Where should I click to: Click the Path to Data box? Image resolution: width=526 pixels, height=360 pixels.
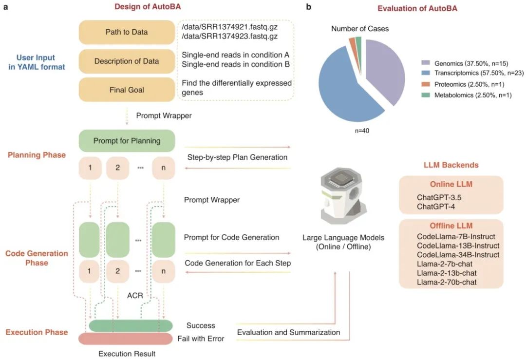127,32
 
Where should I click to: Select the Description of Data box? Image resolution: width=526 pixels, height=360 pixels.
127,61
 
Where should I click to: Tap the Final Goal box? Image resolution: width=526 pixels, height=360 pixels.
127,90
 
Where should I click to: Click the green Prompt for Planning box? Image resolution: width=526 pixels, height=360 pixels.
127,141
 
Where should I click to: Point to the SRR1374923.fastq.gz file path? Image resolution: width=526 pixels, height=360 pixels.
229,36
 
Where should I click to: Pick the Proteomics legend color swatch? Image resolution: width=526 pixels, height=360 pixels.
425,84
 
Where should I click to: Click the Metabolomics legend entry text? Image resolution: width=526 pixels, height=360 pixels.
473,95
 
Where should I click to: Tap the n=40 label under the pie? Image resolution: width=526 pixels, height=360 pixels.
362,131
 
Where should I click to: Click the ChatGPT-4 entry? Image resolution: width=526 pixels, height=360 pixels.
436,207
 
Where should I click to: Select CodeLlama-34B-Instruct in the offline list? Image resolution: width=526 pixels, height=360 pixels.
458,255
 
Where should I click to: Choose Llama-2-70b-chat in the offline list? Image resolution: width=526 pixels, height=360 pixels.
447,282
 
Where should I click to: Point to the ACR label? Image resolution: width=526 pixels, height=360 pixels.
135,296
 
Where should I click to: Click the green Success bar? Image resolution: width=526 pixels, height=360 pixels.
131,326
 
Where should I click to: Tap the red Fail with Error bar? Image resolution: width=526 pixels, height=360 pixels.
126,339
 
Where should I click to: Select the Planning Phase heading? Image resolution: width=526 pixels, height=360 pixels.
37,155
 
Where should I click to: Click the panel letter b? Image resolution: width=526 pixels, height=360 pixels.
309,7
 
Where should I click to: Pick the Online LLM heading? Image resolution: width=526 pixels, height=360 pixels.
451,184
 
